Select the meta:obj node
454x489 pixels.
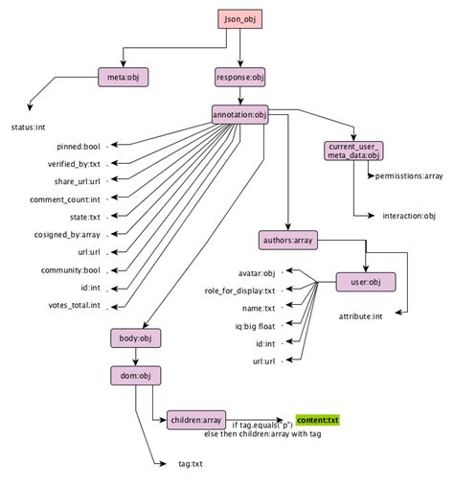tap(124, 77)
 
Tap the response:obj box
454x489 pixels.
tap(239, 77)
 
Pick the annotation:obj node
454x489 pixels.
tap(239, 115)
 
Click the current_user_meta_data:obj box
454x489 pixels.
tap(352, 150)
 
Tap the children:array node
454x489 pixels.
tap(196, 419)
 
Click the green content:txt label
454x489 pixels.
tap(317, 420)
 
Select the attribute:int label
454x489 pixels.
tap(361, 314)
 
